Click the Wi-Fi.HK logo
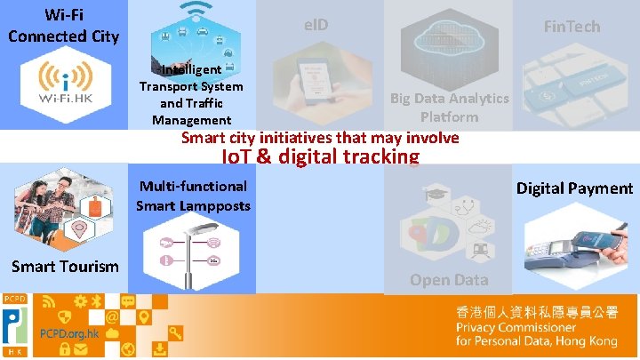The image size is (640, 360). pyautogui.click(x=62, y=87)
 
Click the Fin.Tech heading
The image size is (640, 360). pyautogui.click(x=572, y=27)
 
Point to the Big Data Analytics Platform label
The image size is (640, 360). pyautogui.click(x=450, y=108)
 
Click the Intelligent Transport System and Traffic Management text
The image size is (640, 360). pyautogui.click(x=191, y=95)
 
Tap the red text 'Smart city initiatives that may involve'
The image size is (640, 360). pyautogui.click(x=320, y=138)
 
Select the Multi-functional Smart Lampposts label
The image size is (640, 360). pyautogui.click(x=193, y=196)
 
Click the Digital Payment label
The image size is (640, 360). pyautogui.click(x=574, y=188)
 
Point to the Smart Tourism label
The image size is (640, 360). pyautogui.click(x=64, y=266)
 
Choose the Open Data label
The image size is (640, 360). pyautogui.click(x=449, y=279)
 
